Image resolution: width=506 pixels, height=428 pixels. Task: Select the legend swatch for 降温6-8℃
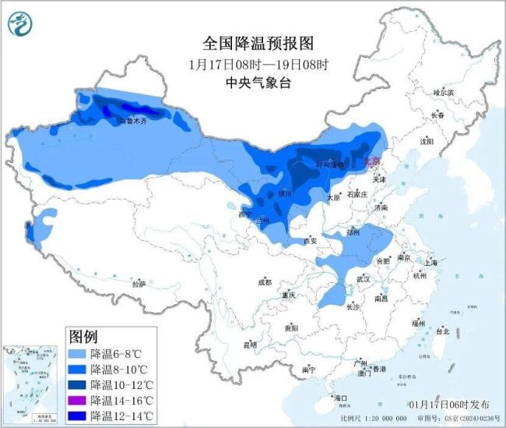pos(77,353)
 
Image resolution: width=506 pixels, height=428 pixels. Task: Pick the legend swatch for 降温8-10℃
pos(77,369)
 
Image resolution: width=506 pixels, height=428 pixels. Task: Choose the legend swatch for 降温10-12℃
pos(77,384)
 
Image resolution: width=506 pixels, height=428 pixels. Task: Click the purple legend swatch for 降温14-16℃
pos(77,400)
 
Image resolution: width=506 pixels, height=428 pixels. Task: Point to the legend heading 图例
pos(83,337)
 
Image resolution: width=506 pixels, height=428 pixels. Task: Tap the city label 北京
pos(372,161)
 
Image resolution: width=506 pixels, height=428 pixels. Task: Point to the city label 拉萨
pos(139,285)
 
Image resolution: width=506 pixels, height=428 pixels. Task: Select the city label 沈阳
pos(426,142)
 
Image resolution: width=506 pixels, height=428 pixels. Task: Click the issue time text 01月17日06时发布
pos(451,405)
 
